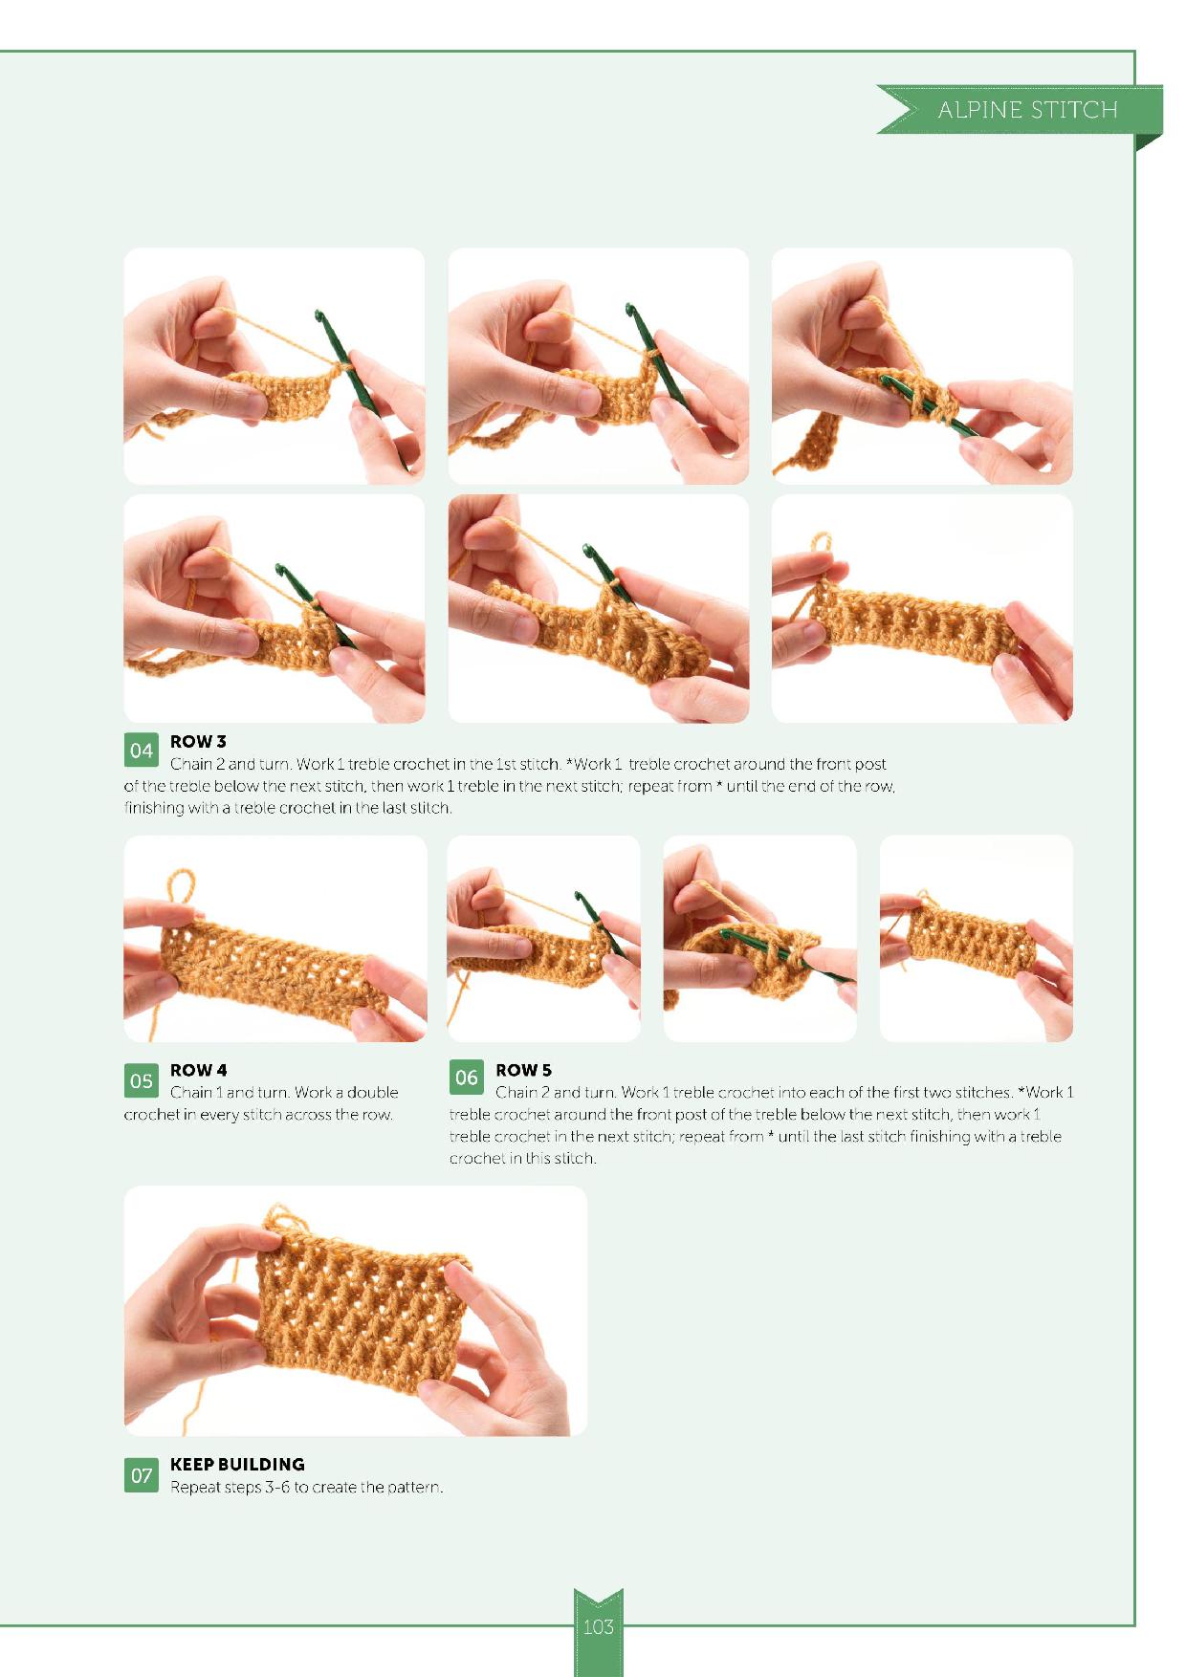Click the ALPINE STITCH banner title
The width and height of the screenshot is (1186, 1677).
[1027, 110]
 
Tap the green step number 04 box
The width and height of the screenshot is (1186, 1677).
[141, 751]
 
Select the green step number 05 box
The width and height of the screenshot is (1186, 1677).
[141, 1080]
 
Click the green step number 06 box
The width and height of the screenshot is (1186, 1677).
[466, 1078]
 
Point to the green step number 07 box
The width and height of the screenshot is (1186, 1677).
[141, 1475]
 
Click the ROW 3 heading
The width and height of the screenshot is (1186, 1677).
[198, 742]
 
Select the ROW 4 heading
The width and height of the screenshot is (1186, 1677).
[198, 1070]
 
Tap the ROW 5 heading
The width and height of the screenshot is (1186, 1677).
[523, 1070]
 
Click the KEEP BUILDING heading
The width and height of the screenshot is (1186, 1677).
[237, 1464]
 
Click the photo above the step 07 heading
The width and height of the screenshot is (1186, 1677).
[356, 1311]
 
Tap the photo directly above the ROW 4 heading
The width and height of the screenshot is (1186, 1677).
[275, 939]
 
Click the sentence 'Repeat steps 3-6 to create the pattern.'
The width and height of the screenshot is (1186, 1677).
[306, 1488]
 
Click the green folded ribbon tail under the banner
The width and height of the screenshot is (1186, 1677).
[1149, 142]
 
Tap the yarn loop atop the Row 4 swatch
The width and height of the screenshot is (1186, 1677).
[181, 889]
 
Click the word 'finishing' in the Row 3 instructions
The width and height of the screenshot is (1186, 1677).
[155, 808]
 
